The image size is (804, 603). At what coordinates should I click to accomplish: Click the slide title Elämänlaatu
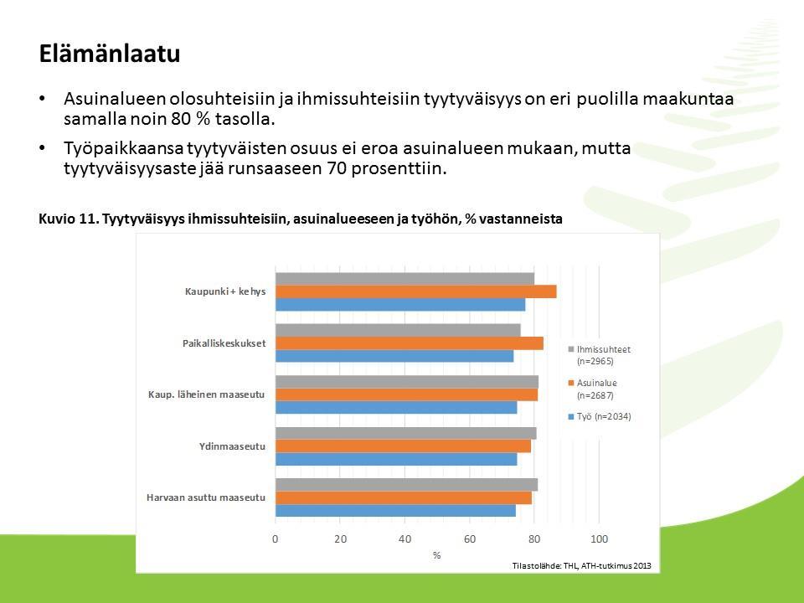pyautogui.click(x=109, y=54)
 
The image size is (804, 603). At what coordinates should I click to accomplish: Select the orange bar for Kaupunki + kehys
pyautogui.click(x=416, y=291)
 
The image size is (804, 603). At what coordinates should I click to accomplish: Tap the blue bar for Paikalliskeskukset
pyautogui.click(x=394, y=356)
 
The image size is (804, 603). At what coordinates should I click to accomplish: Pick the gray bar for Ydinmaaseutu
pyautogui.click(x=406, y=433)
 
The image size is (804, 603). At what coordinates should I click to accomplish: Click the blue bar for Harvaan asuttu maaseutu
pyautogui.click(x=395, y=511)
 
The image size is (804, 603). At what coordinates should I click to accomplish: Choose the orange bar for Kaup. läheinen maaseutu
pyautogui.click(x=407, y=394)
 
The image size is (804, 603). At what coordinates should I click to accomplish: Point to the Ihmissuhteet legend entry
pyautogui.click(x=599, y=355)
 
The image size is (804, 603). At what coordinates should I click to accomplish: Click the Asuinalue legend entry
pyautogui.click(x=592, y=389)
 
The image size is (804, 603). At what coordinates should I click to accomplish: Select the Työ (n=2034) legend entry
pyautogui.click(x=600, y=417)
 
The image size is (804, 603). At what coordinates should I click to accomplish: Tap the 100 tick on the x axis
pyautogui.click(x=599, y=539)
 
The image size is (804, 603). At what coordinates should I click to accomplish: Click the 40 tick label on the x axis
pyautogui.click(x=405, y=539)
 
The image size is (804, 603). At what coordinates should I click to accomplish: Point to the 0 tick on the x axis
pyautogui.click(x=276, y=539)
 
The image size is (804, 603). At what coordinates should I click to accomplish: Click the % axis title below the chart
pyautogui.click(x=437, y=555)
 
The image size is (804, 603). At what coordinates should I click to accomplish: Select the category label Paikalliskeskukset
pyautogui.click(x=224, y=343)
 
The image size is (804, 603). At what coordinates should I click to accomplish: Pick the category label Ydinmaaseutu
pyautogui.click(x=232, y=446)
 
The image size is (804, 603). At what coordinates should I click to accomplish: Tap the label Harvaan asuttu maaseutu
pyautogui.click(x=206, y=497)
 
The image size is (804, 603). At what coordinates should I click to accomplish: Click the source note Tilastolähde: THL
pyautogui.click(x=581, y=565)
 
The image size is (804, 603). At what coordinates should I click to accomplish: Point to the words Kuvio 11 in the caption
pyautogui.click(x=68, y=219)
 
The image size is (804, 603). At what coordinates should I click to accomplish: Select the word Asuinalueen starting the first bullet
pyautogui.click(x=115, y=99)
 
